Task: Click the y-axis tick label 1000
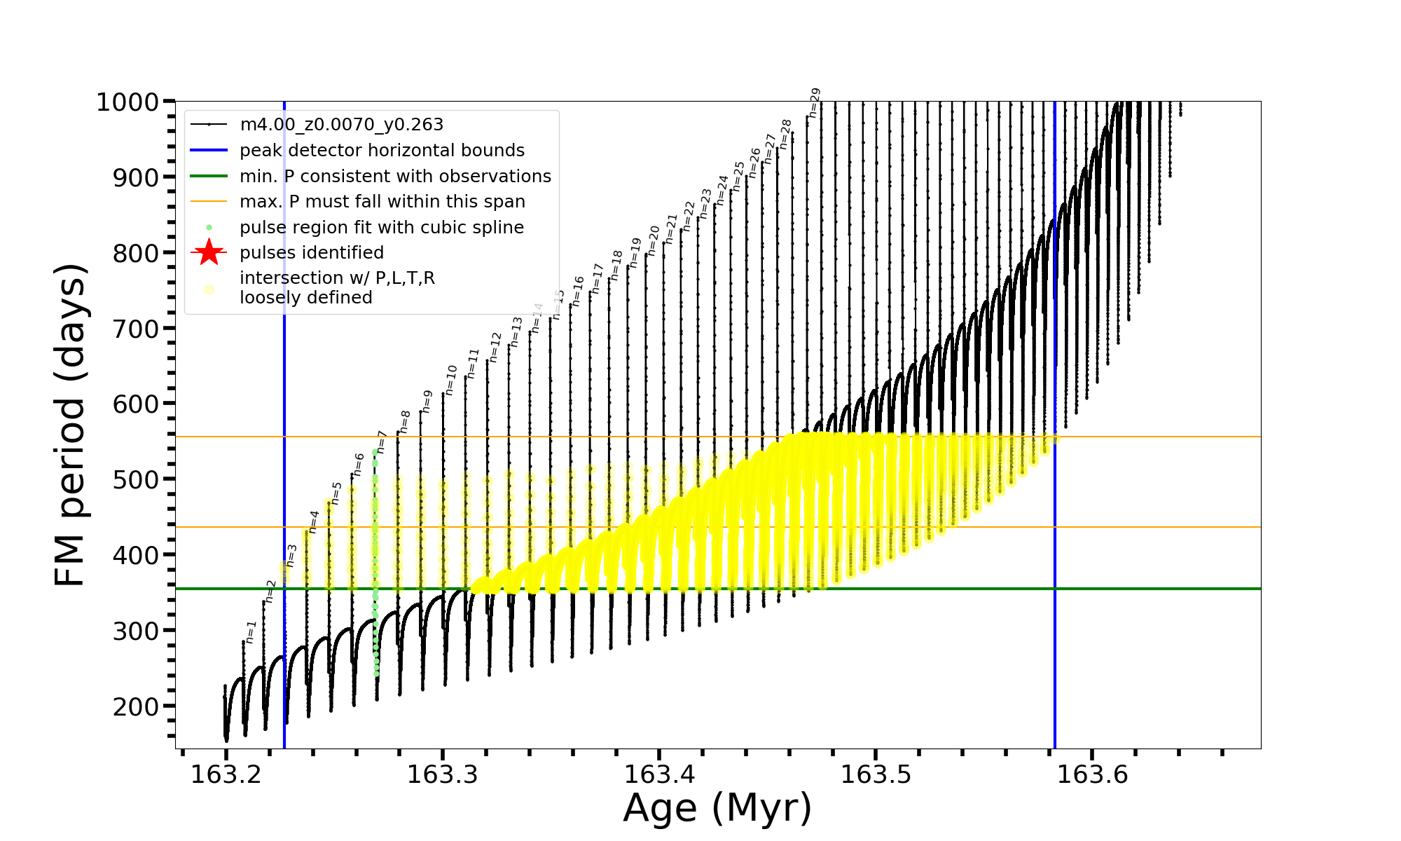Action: (x=127, y=102)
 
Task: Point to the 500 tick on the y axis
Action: (x=137, y=479)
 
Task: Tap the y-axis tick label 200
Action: (x=137, y=706)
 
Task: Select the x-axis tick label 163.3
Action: (x=443, y=774)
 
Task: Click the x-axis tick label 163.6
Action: (x=1092, y=774)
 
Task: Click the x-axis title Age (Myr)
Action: (x=717, y=808)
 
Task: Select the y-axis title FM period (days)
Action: (x=71, y=425)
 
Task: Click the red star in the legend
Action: (x=209, y=252)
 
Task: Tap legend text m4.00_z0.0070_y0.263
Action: (x=341, y=125)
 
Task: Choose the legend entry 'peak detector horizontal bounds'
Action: (x=382, y=151)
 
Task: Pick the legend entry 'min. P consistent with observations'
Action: (x=395, y=176)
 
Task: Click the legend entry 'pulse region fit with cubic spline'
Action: (x=381, y=228)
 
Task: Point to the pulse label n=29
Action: (x=814, y=102)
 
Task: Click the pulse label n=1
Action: (x=251, y=632)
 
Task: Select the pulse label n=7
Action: (x=382, y=442)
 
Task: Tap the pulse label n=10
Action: (x=451, y=380)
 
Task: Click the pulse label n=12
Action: (x=495, y=347)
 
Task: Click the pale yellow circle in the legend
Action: (x=209, y=289)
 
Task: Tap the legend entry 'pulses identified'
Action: (x=311, y=253)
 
